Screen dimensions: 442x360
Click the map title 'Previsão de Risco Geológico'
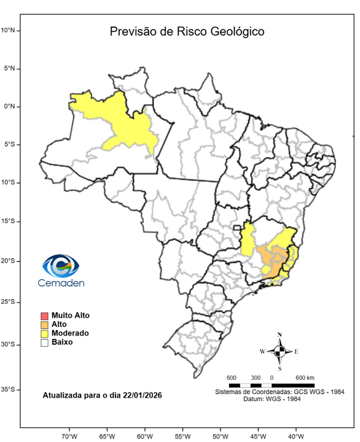[187, 32]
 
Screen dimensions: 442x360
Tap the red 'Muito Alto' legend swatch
[44, 315]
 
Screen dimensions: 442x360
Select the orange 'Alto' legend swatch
[44, 325]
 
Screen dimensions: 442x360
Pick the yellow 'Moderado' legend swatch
[44, 333]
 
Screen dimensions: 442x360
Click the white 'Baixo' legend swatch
[44, 342]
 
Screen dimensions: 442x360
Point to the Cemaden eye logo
[61, 266]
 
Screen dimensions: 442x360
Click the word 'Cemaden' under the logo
[61, 283]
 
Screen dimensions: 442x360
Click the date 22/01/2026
[141, 396]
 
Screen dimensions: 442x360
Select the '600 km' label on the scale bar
[305, 378]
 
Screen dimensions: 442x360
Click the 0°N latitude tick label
[11, 106]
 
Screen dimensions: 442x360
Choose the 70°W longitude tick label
[69, 436]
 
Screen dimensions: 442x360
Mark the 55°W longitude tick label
[182, 436]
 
